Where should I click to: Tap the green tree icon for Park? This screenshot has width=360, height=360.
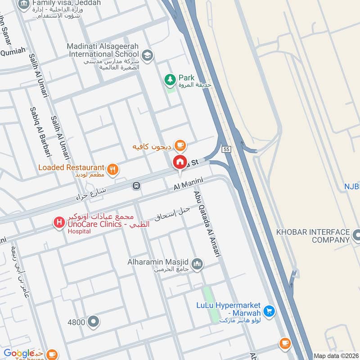tap(170, 80)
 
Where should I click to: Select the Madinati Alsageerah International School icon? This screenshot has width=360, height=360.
tap(147, 56)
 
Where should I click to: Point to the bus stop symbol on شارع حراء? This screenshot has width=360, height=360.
tap(136, 185)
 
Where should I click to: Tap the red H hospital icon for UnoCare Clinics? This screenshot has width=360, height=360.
tap(58, 222)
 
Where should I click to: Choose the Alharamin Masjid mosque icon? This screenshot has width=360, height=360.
tap(197, 264)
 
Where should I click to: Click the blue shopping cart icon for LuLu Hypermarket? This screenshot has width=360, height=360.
tap(269, 310)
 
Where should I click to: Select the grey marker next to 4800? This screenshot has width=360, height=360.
tap(93, 322)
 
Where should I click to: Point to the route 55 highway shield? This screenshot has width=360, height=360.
tap(226, 148)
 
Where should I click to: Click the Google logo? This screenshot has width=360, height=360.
tap(19, 353)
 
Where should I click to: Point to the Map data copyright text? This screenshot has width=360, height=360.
tap(337, 356)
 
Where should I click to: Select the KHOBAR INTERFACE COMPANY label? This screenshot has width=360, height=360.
tap(313, 235)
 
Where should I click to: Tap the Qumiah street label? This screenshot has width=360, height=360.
tap(13, 52)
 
